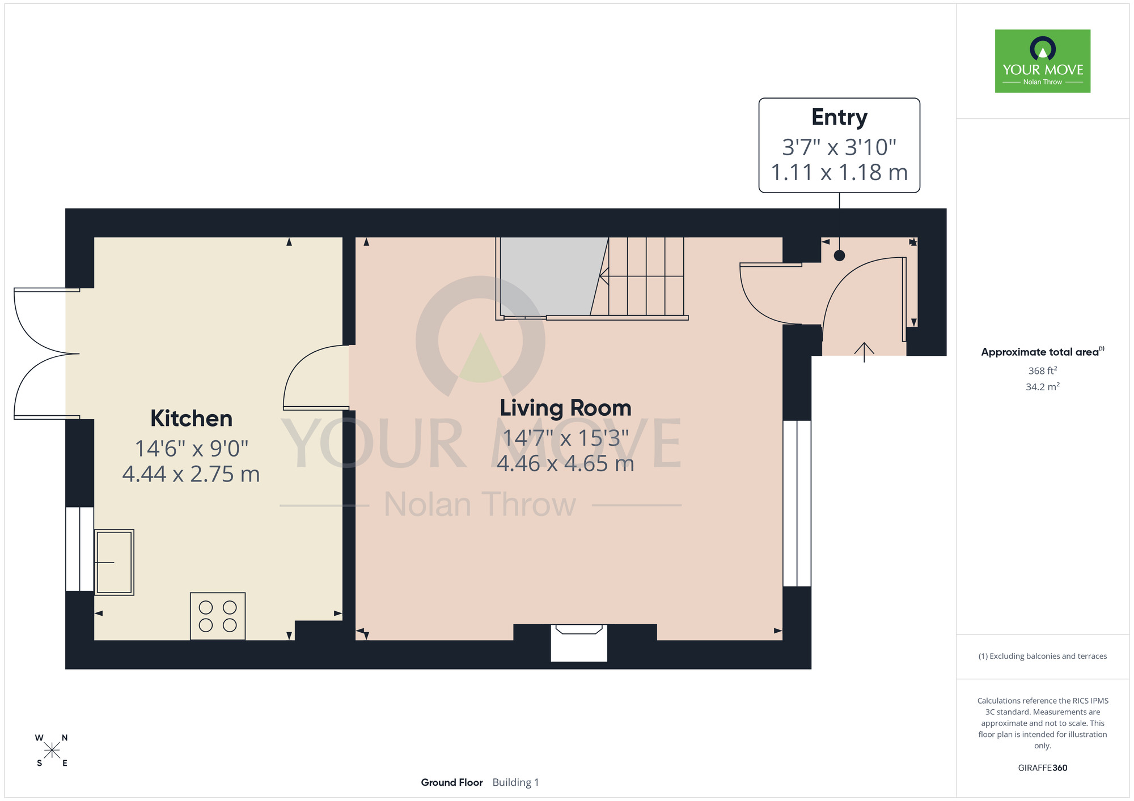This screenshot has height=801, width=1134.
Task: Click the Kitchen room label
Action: coord(191,419)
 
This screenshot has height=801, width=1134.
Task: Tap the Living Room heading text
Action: coord(565,408)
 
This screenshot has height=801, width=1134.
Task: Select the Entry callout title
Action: coord(839,118)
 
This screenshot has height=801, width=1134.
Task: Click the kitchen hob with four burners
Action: coord(218,616)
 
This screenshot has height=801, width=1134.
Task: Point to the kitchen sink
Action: coord(114,562)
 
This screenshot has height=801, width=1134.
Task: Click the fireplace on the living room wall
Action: coord(579,642)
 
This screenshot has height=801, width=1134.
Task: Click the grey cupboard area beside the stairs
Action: coord(550,276)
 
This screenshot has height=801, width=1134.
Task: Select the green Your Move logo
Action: coord(1043,61)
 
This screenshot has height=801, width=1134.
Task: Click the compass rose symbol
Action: coord(52,751)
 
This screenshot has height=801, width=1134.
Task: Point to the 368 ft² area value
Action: coord(1043,370)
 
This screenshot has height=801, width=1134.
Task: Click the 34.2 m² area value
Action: coord(1043,387)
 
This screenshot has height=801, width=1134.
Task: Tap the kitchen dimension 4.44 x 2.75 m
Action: coord(191,474)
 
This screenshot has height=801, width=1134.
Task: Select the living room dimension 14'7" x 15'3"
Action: coord(565,438)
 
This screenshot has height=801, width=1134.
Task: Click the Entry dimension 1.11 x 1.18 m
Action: coord(839,172)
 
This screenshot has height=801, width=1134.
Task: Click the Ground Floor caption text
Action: coord(452,782)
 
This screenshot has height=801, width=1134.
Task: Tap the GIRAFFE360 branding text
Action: coord(1043,768)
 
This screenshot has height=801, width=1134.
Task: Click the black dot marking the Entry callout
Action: coord(840,255)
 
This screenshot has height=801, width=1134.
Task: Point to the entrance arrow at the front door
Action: coord(864,352)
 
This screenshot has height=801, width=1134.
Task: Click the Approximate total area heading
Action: coord(1043,352)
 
